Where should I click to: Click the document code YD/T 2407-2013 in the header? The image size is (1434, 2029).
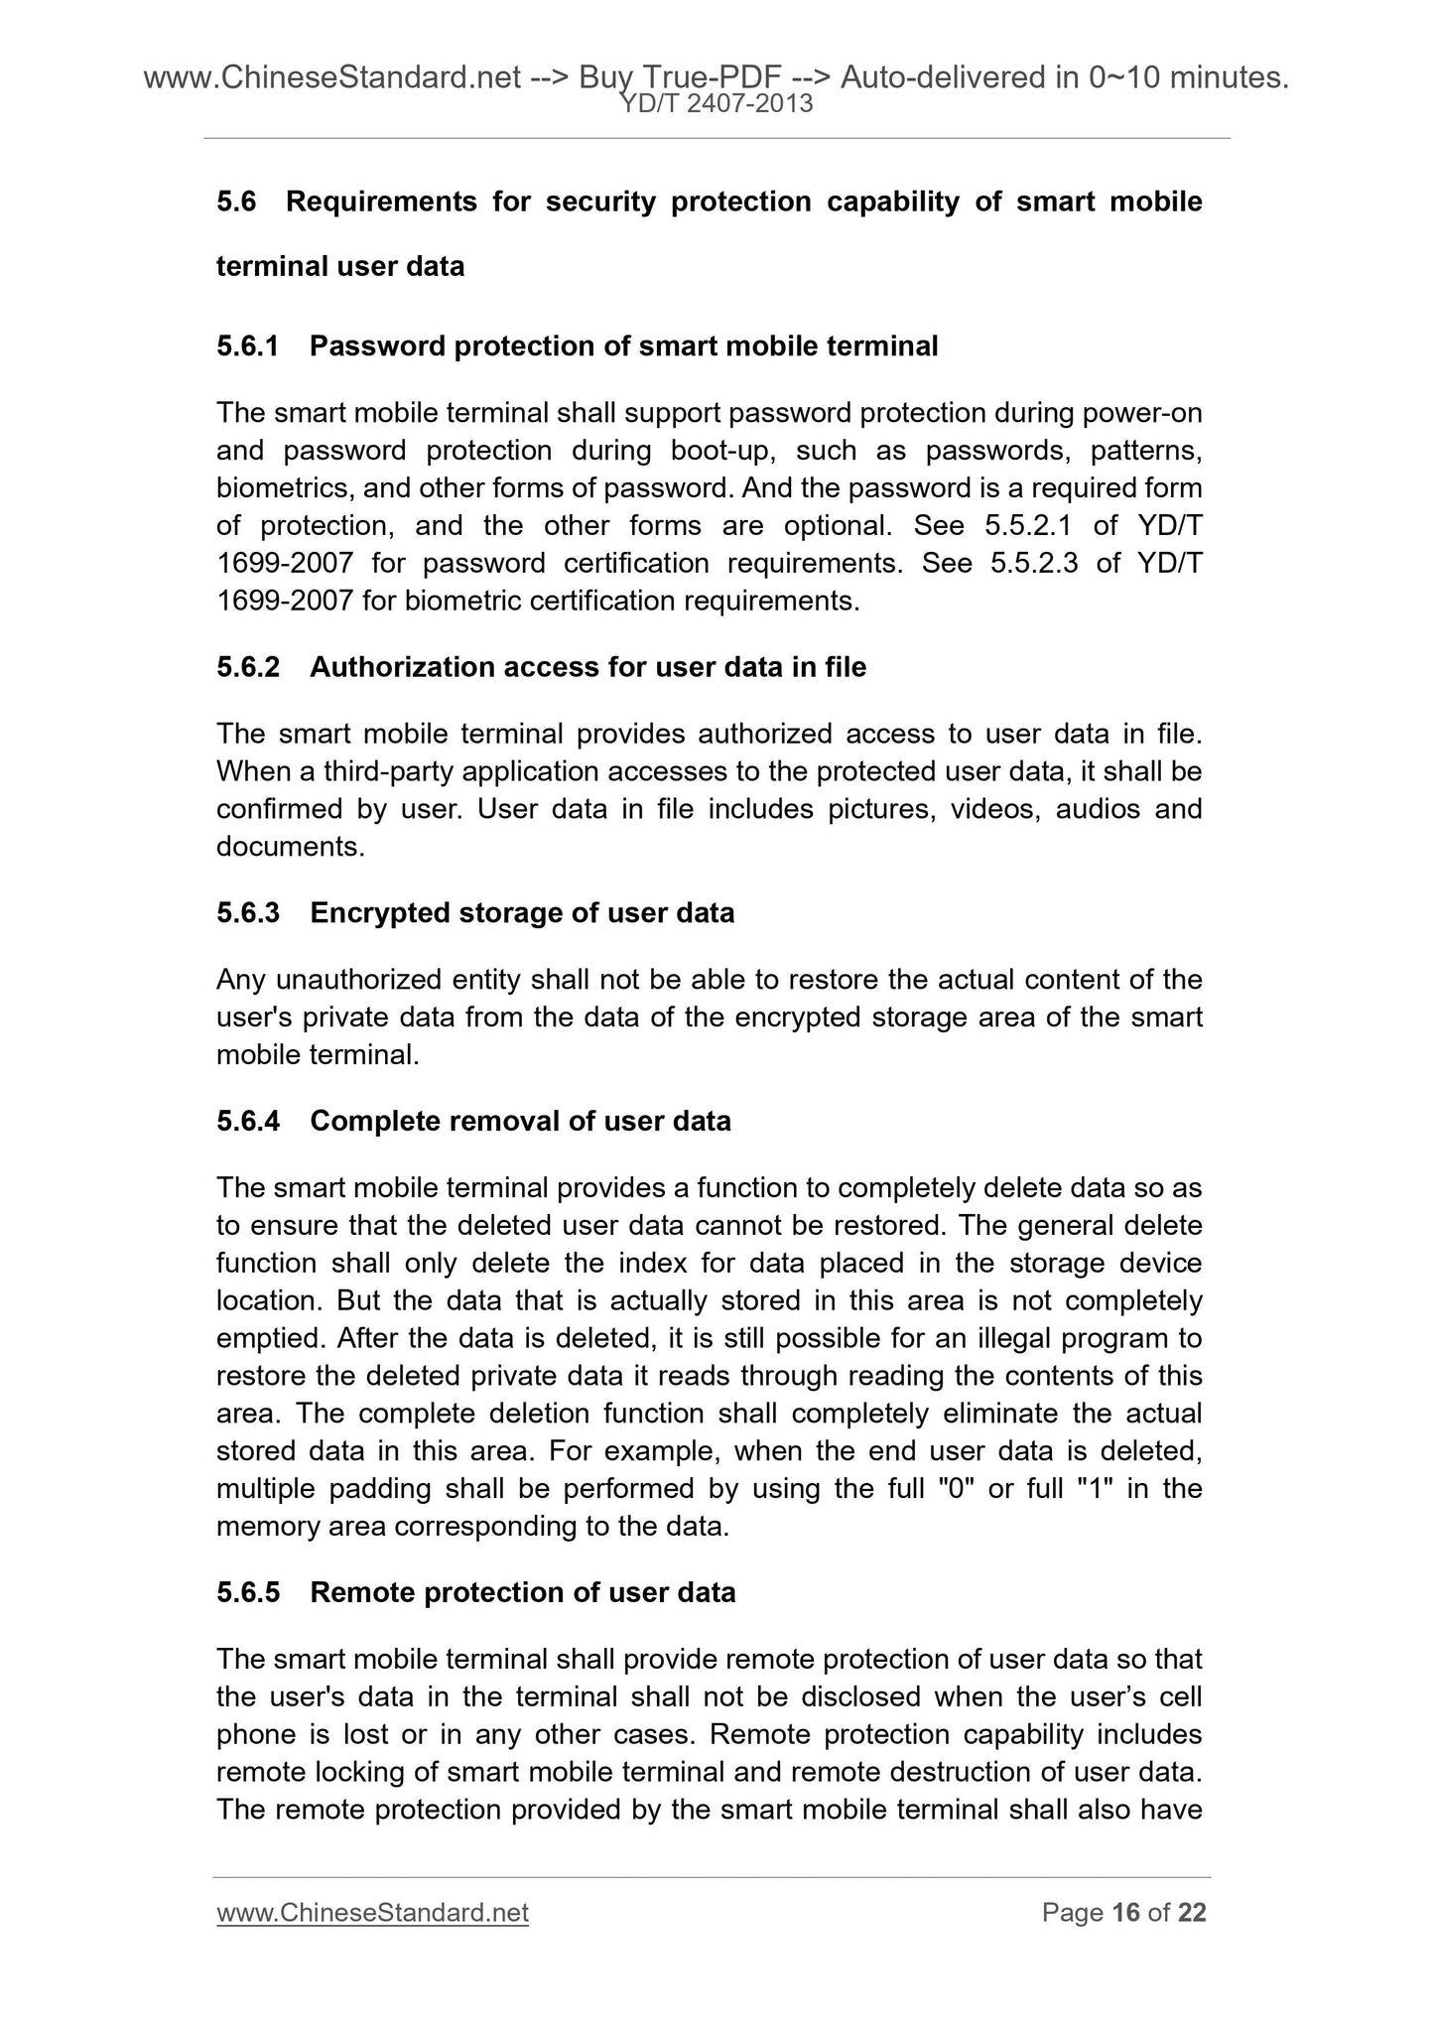click(717, 103)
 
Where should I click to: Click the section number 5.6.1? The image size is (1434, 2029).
click(248, 346)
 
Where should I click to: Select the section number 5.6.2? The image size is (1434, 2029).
click(248, 667)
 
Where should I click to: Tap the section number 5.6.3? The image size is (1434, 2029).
click(248, 912)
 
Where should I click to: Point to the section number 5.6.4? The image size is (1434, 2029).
click(248, 1121)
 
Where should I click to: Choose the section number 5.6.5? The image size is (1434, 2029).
click(248, 1592)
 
